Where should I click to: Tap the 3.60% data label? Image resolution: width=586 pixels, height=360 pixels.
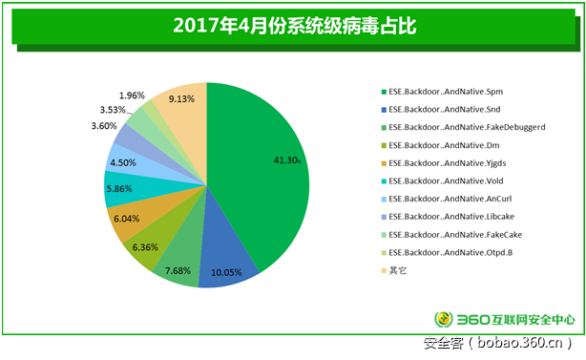tap(104, 126)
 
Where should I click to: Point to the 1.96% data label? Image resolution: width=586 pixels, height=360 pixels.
tap(132, 95)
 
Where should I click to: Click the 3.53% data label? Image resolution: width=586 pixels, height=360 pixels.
tap(114, 109)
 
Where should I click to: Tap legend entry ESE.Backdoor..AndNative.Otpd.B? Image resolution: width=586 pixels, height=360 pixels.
tap(446, 251)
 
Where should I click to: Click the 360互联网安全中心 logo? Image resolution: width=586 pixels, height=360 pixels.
tap(505, 320)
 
